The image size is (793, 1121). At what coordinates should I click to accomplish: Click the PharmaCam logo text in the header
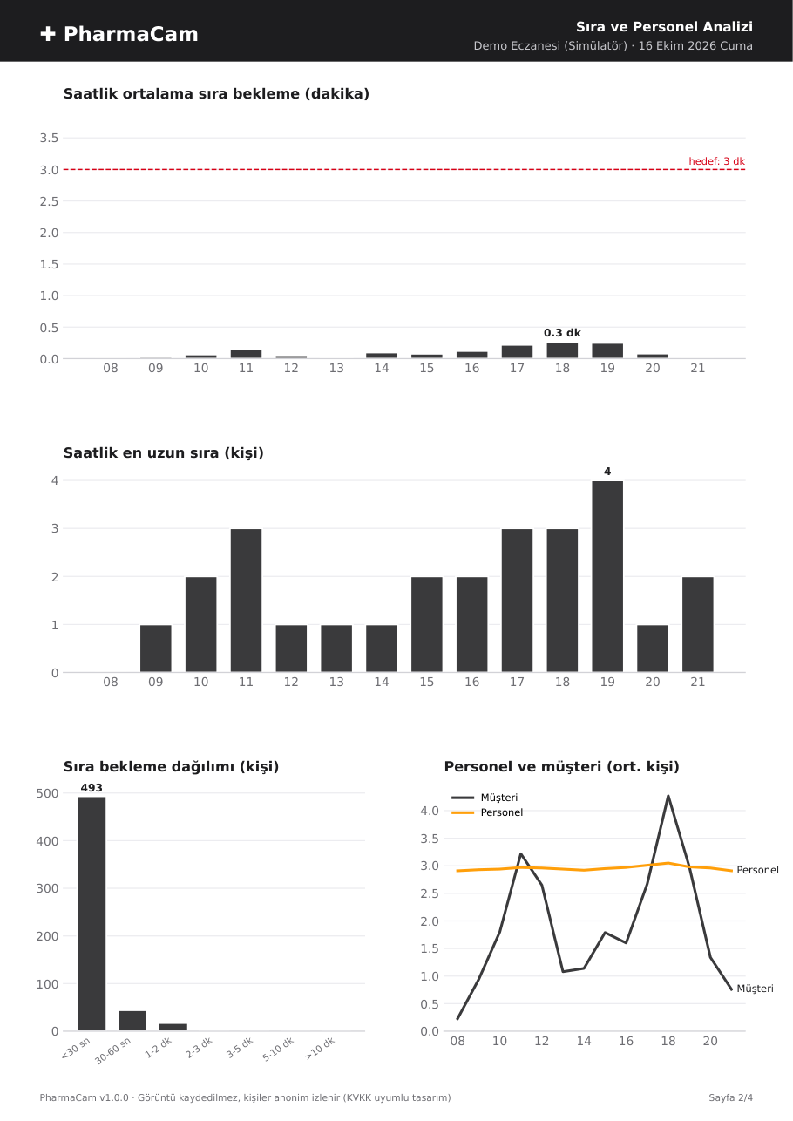click(131, 34)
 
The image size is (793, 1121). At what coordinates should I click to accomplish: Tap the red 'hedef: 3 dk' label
click(716, 161)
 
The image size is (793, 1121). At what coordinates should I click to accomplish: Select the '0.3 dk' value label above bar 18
click(562, 333)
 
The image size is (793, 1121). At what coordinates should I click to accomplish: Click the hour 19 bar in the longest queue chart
click(607, 576)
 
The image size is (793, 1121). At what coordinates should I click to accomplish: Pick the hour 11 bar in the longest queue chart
click(246, 601)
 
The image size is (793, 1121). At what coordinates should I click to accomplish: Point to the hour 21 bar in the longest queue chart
click(698, 624)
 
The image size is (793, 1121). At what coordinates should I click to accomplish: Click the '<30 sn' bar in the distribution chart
click(91, 914)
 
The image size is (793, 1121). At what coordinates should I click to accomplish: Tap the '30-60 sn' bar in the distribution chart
click(132, 1021)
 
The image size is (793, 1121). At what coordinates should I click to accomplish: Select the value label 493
click(91, 788)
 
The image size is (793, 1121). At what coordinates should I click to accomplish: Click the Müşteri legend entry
click(485, 798)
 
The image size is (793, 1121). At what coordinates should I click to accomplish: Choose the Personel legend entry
click(487, 812)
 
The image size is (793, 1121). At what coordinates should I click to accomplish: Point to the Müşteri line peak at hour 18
click(668, 795)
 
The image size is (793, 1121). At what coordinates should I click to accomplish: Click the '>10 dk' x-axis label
click(319, 1049)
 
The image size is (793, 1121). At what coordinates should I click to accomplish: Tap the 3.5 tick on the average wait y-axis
click(49, 138)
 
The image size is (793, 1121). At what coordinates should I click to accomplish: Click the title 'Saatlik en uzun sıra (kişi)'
click(164, 453)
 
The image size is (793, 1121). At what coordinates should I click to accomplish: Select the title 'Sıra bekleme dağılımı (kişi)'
click(171, 767)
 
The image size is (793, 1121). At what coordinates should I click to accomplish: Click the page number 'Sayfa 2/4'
click(730, 1097)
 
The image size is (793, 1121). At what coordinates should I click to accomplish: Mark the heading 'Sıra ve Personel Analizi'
click(664, 27)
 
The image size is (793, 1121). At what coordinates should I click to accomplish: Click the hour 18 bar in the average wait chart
click(562, 350)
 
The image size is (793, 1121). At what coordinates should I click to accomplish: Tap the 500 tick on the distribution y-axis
click(48, 793)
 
